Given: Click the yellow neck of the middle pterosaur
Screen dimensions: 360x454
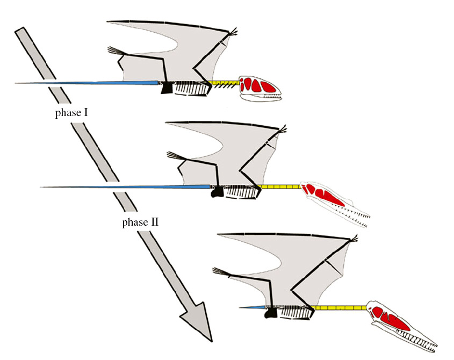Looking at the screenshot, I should [x=280, y=186].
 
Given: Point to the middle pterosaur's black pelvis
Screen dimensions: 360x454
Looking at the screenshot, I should [x=217, y=191].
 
